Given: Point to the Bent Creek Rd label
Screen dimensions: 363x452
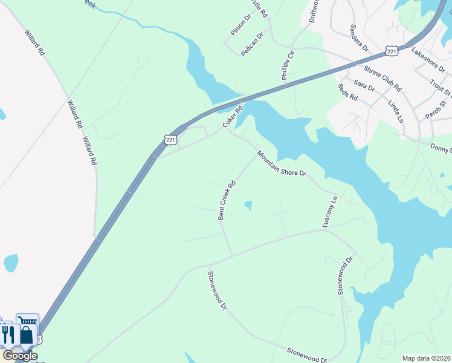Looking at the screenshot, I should pos(227,201).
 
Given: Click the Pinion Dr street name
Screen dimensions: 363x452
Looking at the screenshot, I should pos(239,26).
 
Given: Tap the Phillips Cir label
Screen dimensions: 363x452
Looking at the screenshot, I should pos(287,70).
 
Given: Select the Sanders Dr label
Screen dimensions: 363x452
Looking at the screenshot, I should pos(359,37).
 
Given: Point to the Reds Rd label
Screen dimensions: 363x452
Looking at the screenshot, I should pos(347,92).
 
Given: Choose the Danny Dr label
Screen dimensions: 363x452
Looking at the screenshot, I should pos(441,148).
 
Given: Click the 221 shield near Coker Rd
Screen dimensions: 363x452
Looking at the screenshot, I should pos(170,140).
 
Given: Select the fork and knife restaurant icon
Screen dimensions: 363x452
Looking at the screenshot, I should pos(8,335).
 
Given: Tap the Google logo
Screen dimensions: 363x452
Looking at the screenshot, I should pos(20,356).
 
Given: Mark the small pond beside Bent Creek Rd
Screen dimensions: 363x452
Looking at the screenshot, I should pos(248,206).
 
